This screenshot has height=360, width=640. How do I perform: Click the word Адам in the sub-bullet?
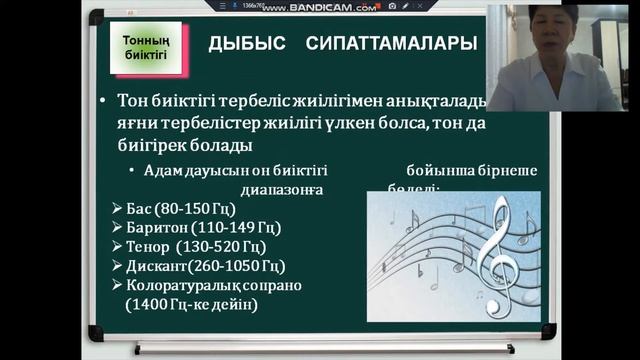(x=162, y=170)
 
